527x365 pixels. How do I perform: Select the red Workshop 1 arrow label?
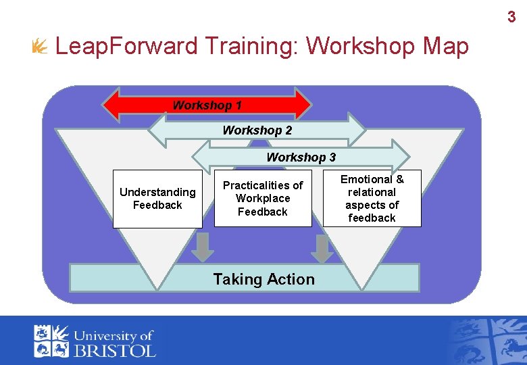207,105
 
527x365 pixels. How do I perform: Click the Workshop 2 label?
257,130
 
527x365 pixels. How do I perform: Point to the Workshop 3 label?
301,157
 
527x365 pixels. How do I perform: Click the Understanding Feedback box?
157,199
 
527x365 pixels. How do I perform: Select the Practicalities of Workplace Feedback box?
263,198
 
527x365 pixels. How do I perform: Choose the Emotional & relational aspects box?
372,198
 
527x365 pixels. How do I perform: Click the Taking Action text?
263,279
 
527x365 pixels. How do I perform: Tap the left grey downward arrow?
202,248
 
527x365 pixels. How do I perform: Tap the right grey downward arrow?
324,248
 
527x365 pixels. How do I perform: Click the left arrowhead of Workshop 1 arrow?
111,104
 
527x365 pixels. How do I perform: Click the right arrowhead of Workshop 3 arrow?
401,157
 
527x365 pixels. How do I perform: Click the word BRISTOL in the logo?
114,350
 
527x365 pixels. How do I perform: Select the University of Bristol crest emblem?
51,341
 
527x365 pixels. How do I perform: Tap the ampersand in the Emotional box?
399,179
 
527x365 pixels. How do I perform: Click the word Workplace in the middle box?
263,198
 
